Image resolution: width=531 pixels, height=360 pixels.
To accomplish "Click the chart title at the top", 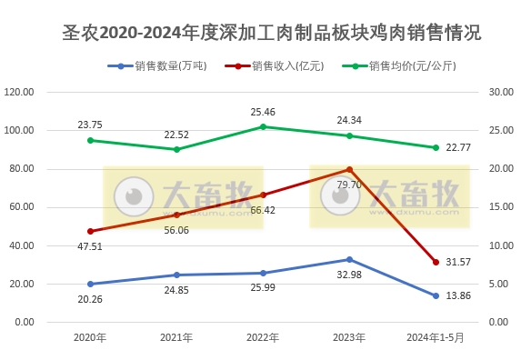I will (265, 33).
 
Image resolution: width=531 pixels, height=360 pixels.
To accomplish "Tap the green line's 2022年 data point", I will (263, 126).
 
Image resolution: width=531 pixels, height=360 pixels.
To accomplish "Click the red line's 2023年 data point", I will (349, 169).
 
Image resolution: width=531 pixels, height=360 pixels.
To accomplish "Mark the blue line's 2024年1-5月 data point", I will (436, 295).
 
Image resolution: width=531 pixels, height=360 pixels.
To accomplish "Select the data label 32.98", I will (349, 275).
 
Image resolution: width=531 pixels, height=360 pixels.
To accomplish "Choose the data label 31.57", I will (459, 263).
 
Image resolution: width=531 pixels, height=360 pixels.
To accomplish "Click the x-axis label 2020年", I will (90, 337).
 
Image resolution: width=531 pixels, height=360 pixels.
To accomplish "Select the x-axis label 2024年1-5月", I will (436, 337).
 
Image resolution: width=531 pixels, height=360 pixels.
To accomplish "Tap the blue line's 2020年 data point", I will (90, 284).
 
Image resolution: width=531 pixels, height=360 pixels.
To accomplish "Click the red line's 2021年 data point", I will (176, 215).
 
